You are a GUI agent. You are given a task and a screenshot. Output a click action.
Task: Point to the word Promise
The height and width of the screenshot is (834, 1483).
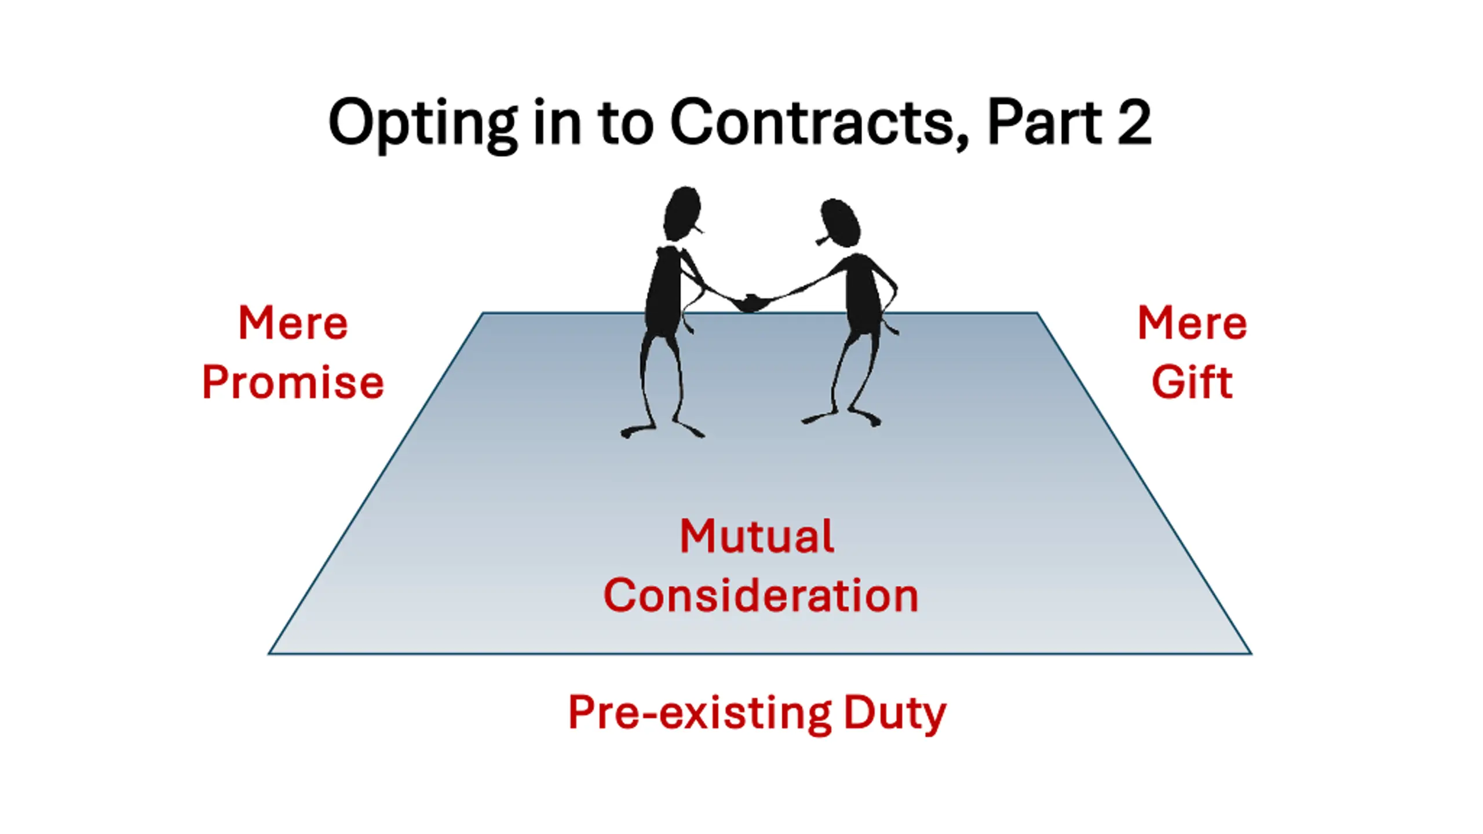(x=293, y=382)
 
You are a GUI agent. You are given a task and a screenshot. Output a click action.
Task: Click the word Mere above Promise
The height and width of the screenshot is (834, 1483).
(x=293, y=323)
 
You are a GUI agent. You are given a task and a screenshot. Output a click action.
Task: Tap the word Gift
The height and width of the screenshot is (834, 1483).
(x=1192, y=382)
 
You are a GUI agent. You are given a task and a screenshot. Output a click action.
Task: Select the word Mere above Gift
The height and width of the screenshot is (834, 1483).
(x=1192, y=323)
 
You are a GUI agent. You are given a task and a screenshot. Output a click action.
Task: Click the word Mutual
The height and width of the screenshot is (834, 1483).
(x=757, y=536)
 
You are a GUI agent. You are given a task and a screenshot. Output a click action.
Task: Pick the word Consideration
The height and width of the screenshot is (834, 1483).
(x=761, y=595)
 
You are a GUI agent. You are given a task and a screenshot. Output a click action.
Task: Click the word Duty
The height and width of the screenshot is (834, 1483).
(x=894, y=712)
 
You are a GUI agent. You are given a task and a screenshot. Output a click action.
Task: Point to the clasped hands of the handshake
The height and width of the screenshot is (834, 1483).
(x=751, y=302)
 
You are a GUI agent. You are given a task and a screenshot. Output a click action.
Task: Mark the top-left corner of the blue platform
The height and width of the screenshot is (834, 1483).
(x=483, y=313)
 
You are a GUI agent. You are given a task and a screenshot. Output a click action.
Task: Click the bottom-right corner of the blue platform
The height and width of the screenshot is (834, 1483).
(x=1251, y=654)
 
